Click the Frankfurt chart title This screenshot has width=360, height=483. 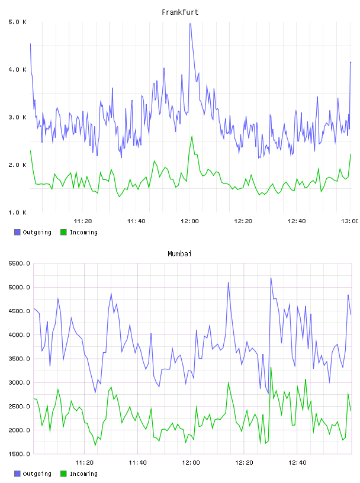(x=180, y=12)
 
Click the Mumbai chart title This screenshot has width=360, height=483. (x=179, y=254)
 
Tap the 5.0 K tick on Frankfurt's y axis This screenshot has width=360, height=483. (x=17, y=22)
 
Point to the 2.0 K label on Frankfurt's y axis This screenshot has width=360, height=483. (x=17, y=165)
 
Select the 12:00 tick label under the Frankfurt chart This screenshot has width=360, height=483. (x=190, y=221)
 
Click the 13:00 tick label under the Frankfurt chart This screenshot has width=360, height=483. (x=350, y=221)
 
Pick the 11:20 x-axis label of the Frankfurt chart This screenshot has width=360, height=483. (x=83, y=221)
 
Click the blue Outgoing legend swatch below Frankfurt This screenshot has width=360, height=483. (x=17, y=232)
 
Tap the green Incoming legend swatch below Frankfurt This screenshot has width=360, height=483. (x=63, y=232)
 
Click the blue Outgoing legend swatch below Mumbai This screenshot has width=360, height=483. (x=17, y=474)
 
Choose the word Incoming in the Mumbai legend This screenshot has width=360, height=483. (x=83, y=474)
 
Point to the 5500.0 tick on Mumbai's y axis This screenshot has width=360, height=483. (x=19, y=263)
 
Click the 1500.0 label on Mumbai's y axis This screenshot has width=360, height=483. (x=19, y=454)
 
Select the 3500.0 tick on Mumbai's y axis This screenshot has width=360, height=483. (x=19, y=359)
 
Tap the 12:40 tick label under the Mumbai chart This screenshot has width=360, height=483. (x=297, y=463)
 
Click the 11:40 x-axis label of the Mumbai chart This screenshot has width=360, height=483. (x=137, y=463)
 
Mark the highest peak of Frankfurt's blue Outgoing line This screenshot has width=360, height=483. (x=190, y=24)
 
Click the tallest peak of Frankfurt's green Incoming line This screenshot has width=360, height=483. (x=192, y=136)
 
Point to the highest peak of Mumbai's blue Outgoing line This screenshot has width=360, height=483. (x=271, y=278)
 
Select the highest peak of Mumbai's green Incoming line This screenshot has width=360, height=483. (x=271, y=368)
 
